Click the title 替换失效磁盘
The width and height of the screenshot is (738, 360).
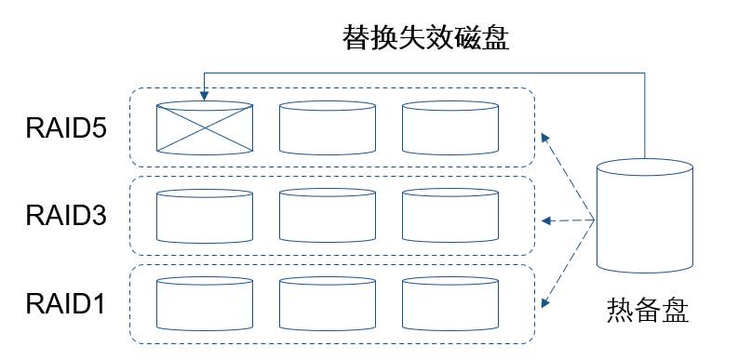tap(426, 38)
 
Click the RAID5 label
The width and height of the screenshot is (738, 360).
tap(66, 128)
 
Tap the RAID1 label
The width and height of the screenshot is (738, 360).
tap(65, 303)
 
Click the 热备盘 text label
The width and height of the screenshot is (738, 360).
tap(648, 310)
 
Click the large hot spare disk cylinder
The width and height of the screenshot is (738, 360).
tap(644, 216)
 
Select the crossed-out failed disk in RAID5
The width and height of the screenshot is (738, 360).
tap(204, 127)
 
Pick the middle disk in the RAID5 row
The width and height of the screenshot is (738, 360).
tap(328, 127)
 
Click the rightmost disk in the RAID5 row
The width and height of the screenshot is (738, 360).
tap(450, 127)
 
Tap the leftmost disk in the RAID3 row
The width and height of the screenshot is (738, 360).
tap(204, 216)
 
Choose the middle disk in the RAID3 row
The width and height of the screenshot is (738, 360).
tap(328, 216)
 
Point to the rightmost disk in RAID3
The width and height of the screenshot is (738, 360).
tap(450, 216)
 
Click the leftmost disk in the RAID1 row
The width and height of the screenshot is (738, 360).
tap(204, 303)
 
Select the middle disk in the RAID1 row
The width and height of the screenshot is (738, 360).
tap(328, 303)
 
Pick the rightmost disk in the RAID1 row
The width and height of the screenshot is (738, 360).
tap(450, 303)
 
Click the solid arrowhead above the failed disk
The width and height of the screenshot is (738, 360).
tap(204, 96)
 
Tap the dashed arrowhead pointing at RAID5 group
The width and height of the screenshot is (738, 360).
tap(545, 138)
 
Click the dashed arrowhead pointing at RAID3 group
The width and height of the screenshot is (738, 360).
tap(546, 220)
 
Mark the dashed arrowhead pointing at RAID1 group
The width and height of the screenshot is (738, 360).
tap(545, 302)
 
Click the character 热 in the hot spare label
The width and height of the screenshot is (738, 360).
tap(621, 310)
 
